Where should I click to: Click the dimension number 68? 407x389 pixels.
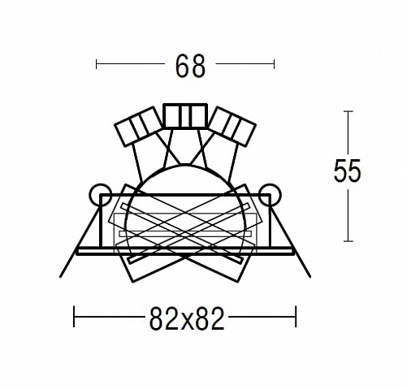[190, 66]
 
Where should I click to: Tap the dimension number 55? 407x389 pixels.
[348, 171]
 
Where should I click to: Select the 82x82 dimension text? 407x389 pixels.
[187, 318]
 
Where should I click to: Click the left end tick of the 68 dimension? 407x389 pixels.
[96, 64]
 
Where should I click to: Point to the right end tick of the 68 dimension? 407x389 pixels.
[274, 64]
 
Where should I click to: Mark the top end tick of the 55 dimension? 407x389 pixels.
[349, 111]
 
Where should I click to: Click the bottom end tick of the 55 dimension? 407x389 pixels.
[349, 241]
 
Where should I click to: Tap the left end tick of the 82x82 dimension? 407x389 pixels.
[74, 316]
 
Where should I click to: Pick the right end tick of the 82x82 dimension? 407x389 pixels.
[296, 316]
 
